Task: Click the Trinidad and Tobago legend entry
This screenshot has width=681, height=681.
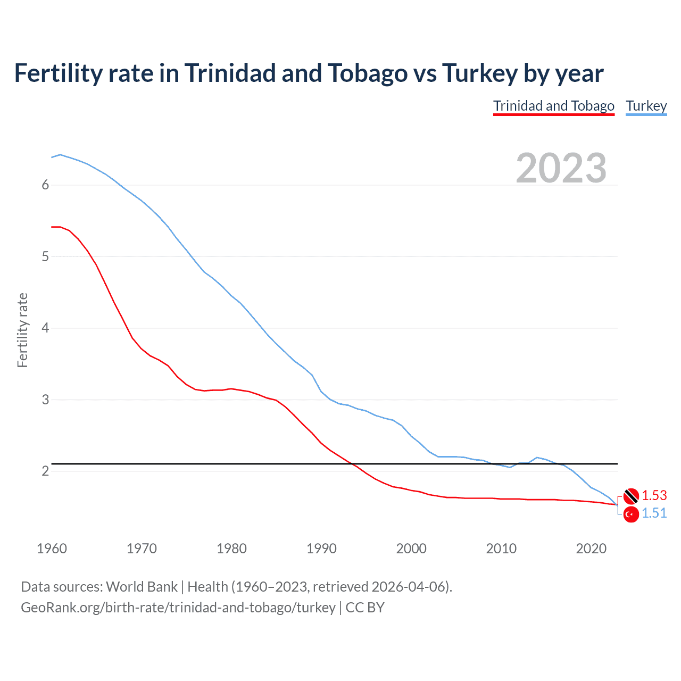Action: (553, 106)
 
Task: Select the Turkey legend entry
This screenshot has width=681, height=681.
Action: (646, 106)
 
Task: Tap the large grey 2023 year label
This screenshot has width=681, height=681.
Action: (561, 168)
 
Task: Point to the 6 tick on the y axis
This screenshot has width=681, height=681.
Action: (45, 185)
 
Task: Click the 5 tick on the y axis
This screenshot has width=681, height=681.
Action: (45, 256)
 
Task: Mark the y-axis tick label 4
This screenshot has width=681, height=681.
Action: (45, 328)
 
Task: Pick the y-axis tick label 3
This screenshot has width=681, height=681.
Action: (45, 400)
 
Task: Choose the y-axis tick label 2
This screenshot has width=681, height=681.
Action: (45, 471)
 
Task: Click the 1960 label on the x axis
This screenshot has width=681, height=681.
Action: (52, 549)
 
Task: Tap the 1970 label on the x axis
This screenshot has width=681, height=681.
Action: (142, 549)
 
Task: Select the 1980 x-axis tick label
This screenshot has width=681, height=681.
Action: (231, 549)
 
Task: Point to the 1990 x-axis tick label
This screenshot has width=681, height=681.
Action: (321, 549)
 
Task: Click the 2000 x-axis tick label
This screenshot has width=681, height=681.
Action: (411, 549)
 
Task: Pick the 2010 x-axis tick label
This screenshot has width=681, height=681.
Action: (501, 549)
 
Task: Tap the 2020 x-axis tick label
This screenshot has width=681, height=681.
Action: (591, 549)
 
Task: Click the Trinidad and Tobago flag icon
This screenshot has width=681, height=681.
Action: (631, 495)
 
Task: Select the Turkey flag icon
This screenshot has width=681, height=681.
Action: (631, 514)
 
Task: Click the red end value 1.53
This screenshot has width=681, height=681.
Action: (654, 495)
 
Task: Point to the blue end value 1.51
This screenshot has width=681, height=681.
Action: (654, 513)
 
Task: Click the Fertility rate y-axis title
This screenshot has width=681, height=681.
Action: (22, 330)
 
